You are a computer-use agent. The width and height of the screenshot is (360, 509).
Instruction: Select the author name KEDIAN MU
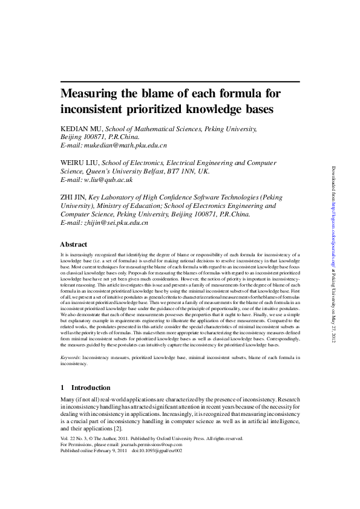click(82, 129)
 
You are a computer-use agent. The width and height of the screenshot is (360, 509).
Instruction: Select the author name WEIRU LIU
click(80, 163)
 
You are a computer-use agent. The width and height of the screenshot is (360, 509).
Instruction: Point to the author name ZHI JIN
click(73, 197)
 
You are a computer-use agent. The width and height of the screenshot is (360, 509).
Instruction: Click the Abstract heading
click(73, 244)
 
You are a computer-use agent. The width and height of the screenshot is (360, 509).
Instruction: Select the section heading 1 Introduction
click(85, 387)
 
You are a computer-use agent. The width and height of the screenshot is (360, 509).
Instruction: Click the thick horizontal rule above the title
click(180, 81)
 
